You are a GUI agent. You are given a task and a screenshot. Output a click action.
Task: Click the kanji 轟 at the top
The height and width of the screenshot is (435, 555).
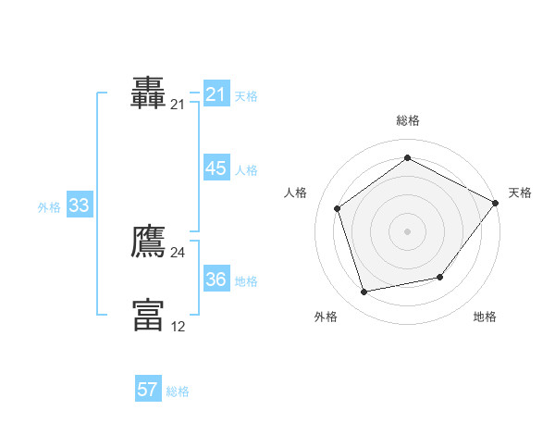click(x=148, y=93)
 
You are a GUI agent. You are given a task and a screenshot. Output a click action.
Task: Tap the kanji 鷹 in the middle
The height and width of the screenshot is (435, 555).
click(x=148, y=241)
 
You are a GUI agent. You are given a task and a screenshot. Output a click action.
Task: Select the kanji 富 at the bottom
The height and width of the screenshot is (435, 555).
click(x=148, y=315)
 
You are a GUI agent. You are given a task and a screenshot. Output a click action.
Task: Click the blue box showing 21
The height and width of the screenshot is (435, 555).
click(x=216, y=94)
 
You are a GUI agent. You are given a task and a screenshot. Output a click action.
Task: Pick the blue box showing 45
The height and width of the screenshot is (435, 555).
click(x=216, y=168)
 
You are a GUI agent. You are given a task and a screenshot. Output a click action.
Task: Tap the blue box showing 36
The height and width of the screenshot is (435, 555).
click(x=216, y=280)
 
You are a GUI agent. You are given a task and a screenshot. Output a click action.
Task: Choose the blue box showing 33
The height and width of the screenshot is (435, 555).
click(x=79, y=206)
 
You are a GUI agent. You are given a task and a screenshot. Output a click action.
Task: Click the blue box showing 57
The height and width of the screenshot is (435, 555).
click(x=147, y=390)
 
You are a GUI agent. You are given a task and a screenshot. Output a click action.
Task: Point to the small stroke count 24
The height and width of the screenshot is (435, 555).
click(x=178, y=253)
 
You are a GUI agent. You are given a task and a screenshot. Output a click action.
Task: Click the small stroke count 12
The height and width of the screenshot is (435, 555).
click(x=178, y=326)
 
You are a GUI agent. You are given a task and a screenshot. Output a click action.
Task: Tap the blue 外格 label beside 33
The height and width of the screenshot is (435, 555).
click(x=49, y=207)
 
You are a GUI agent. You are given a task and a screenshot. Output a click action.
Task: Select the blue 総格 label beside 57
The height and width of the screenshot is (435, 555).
click(x=178, y=391)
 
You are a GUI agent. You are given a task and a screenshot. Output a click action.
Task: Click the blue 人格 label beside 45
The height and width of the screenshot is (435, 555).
click(x=246, y=170)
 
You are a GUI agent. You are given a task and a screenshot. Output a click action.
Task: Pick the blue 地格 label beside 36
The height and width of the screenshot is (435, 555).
click(x=246, y=281)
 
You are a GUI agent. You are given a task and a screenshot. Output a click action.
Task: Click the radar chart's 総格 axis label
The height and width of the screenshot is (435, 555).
click(x=407, y=120)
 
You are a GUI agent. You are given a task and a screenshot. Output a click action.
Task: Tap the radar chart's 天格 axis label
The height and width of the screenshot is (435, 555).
click(x=520, y=193)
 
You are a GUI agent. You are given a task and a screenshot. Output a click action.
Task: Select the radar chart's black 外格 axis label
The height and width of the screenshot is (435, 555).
click(x=325, y=317)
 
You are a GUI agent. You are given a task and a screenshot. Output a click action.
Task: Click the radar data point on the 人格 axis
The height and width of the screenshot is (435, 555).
click(x=338, y=208)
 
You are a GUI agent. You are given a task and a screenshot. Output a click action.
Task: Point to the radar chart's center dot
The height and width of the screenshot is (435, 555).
click(x=407, y=230)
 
